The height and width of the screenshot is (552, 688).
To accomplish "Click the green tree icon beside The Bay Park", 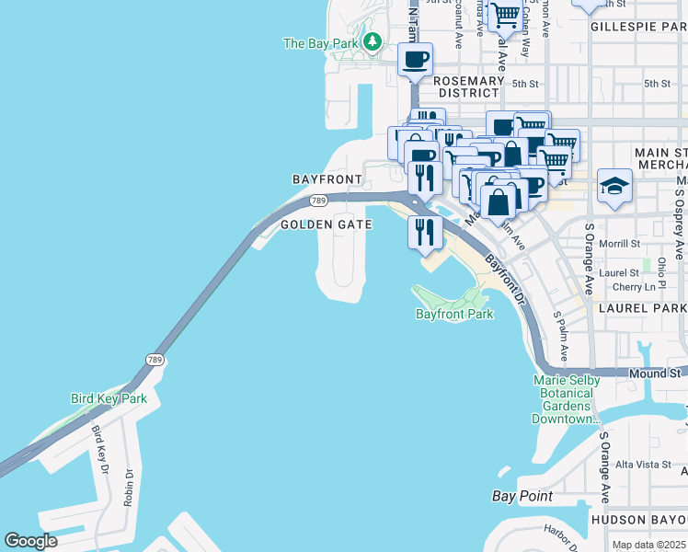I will pos(372,41).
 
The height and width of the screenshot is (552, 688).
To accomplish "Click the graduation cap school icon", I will pos(613,186).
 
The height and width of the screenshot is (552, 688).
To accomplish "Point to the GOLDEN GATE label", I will pos(326,224).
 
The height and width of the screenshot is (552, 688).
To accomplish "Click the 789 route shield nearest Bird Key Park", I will pos(154,359).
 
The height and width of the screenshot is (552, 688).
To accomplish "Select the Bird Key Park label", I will pos(109,398).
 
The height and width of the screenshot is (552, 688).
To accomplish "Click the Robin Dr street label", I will pos(130,488).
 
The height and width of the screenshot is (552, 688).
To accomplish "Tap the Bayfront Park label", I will pos(454,314).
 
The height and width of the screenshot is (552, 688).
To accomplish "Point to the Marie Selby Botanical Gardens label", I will pos(567,399).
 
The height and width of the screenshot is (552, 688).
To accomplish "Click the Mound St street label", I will pos(656,374).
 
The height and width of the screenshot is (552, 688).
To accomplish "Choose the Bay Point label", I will pos(522,496).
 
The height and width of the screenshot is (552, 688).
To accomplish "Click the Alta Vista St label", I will pos(643,465).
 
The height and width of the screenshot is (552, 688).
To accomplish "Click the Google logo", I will pos(31,541).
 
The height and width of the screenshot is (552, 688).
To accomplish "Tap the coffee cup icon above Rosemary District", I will pos(415,61).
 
